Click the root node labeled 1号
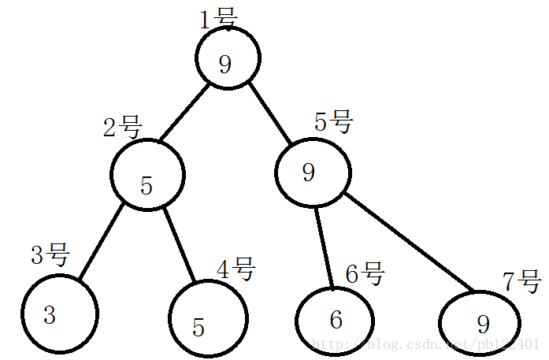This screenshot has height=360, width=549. pyautogui.click(x=227, y=58)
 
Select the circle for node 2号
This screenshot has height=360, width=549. pyautogui.click(x=147, y=175)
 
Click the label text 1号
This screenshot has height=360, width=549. pyautogui.click(x=217, y=18)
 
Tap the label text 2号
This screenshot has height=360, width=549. pyautogui.click(x=122, y=127)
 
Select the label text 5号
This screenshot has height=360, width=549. pyautogui.click(x=334, y=122)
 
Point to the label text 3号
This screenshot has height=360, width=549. pyautogui.click(x=50, y=255)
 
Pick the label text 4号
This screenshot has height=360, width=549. pyautogui.click(x=236, y=269)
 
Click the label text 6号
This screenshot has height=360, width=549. pyautogui.click(x=365, y=274)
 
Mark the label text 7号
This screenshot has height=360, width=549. pyautogui.click(x=521, y=280)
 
